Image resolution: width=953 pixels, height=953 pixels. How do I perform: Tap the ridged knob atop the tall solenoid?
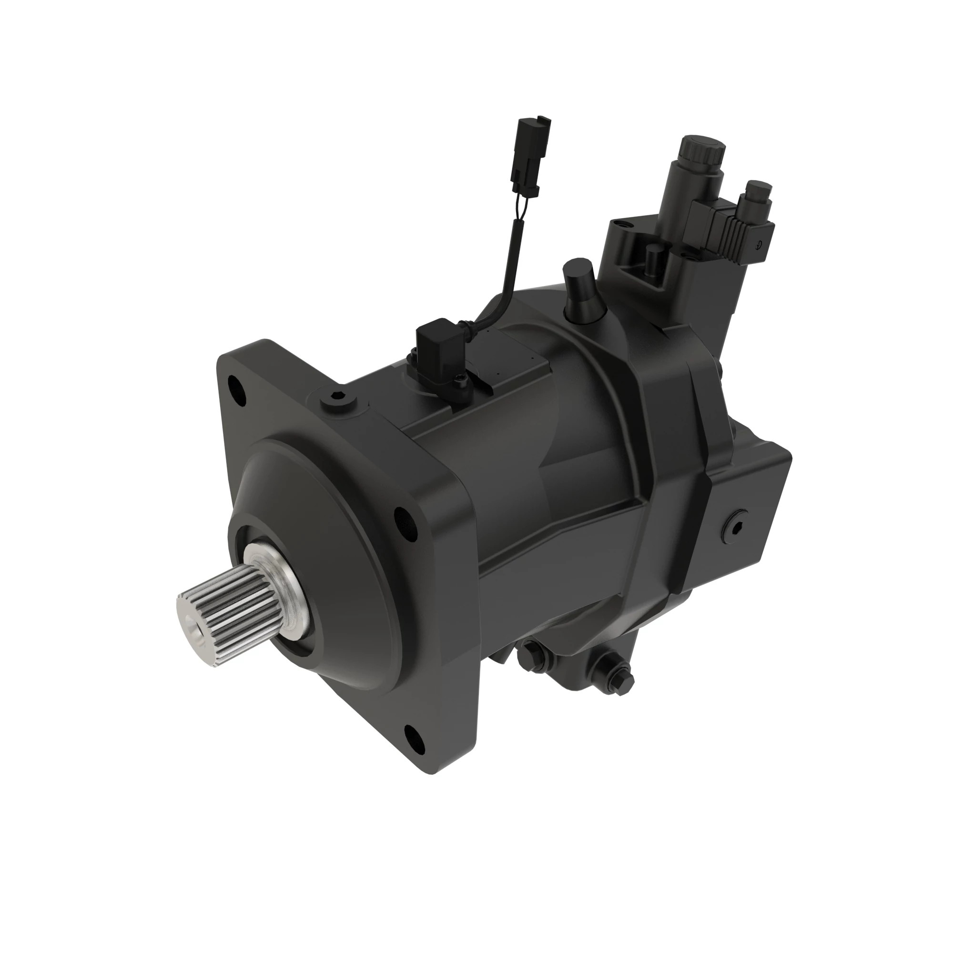pos(702,151)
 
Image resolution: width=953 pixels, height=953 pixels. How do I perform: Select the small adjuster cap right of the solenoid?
pos(758,195)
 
